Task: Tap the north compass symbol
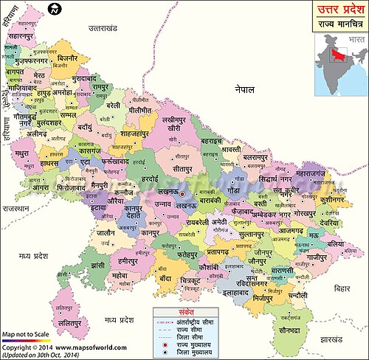(53, 9)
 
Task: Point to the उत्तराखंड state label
(103, 27)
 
